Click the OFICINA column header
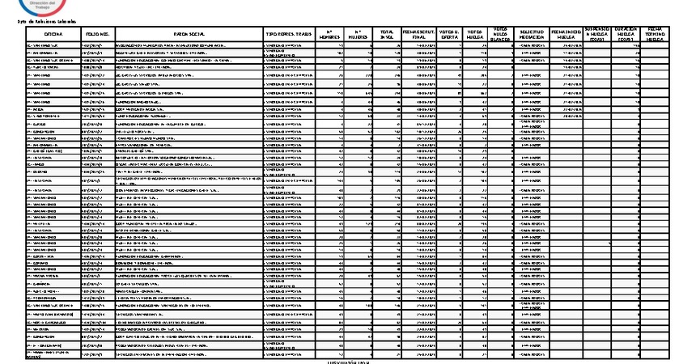coord(52,34)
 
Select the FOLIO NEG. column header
coord(98,34)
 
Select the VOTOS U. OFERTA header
coord(452,34)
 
